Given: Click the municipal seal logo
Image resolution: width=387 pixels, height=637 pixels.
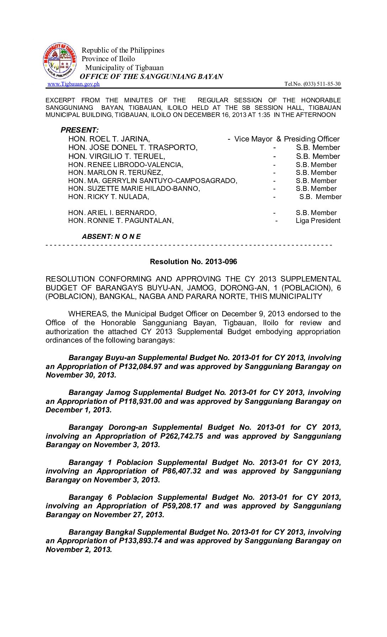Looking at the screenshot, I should pyautogui.click(x=60, y=61).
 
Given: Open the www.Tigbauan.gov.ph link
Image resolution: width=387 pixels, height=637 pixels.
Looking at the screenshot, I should pyautogui.click(x=74, y=84).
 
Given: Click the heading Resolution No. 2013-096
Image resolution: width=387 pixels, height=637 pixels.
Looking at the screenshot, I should pyautogui.click(x=193, y=262).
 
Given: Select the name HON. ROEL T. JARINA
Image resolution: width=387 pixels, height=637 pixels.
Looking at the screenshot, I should pyautogui.click(x=109, y=139).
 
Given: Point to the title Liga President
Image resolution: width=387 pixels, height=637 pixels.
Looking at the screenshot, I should pyautogui.click(x=318, y=221).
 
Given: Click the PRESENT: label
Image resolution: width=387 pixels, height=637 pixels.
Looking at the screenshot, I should pyautogui.click(x=80, y=130).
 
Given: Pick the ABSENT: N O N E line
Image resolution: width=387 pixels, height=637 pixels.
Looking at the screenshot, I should pyautogui.click(x=111, y=237).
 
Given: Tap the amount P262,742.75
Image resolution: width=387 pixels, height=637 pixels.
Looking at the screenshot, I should pyautogui.click(x=182, y=436).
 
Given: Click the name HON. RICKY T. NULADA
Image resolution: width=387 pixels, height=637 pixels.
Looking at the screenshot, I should pyautogui.click(x=109, y=197).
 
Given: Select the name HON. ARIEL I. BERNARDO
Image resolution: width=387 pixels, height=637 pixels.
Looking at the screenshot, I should pyautogui.click(x=112, y=213).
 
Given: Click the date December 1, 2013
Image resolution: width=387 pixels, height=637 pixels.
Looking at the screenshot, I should pyautogui.click(x=79, y=410).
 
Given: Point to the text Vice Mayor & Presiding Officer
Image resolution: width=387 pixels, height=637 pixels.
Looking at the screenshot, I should pyautogui.click(x=287, y=139).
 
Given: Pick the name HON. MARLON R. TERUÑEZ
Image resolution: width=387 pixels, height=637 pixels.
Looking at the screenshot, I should pyautogui.click(x=116, y=173).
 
